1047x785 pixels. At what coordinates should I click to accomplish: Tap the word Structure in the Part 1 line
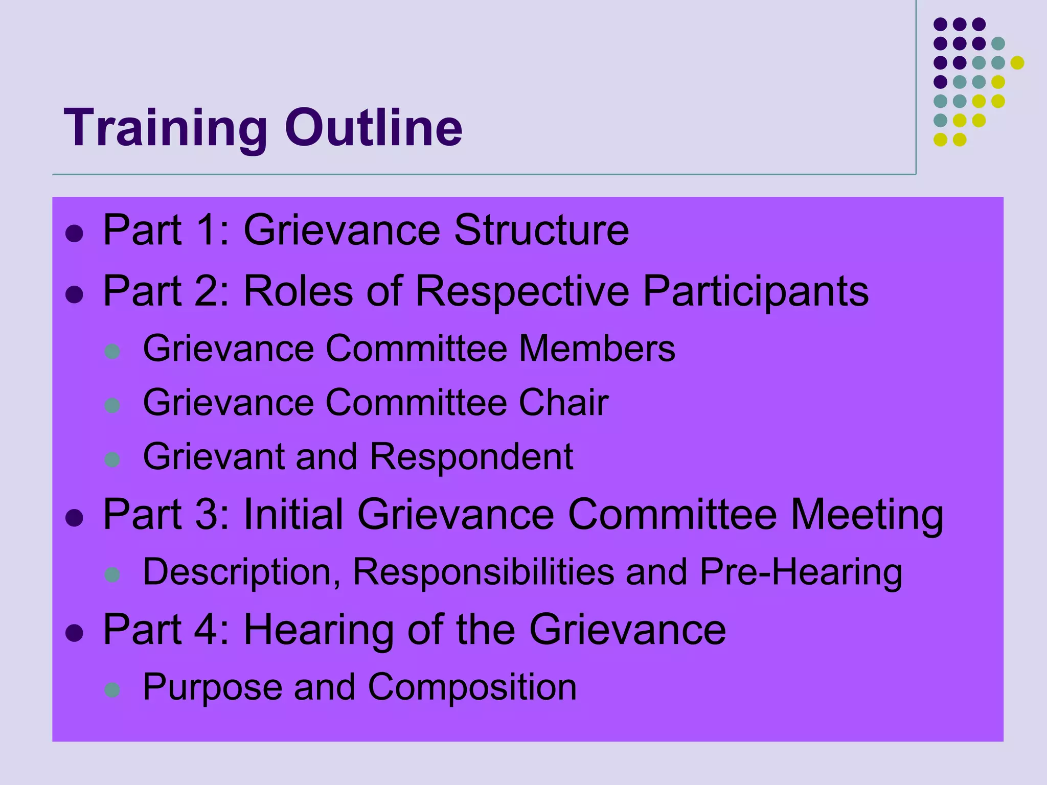(x=541, y=230)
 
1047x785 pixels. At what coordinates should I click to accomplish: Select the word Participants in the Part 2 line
(x=755, y=291)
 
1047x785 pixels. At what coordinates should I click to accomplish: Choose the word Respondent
(x=471, y=456)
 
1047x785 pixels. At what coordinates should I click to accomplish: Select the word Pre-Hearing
(x=801, y=572)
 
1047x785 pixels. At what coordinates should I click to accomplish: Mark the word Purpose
(x=212, y=687)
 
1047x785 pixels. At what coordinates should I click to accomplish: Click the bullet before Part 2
(x=75, y=294)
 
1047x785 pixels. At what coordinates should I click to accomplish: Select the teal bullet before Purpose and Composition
(x=112, y=690)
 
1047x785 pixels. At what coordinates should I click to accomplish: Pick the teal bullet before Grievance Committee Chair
(x=112, y=406)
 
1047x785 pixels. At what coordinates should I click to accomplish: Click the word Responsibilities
(x=483, y=572)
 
